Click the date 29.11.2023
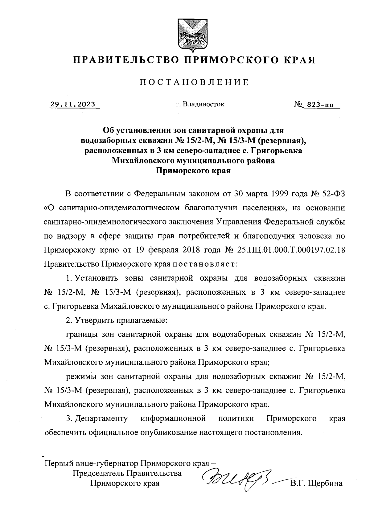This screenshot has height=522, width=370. coord(73,104)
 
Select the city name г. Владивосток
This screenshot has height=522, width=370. coord(200,104)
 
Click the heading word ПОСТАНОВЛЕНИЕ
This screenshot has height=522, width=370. coord(194,82)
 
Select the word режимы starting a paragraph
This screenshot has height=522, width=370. coord(81,376)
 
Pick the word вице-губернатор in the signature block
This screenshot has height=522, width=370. coord(111,464)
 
